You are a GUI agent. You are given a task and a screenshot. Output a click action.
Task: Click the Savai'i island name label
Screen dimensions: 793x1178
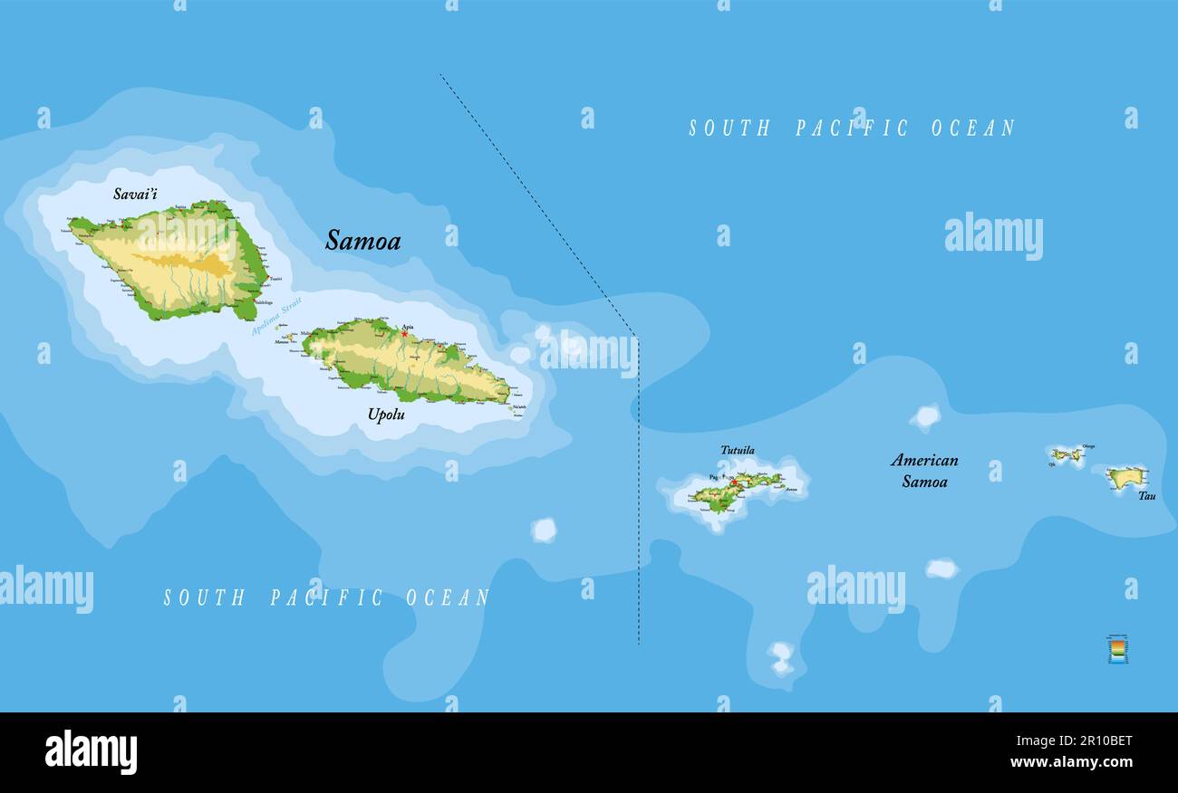pyautogui.click(x=136, y=194)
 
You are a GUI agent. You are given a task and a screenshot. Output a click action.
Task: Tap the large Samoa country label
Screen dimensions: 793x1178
pyautogui.click(x=362, y=241)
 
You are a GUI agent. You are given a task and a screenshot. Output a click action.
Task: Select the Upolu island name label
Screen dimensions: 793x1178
pyautogui.click(x=386, y=416)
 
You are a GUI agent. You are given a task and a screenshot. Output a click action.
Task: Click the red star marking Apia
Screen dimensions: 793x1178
pyautogui.click(x=404, y=334)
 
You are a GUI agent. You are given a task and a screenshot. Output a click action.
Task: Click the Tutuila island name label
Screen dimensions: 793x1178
pyautogui.click(x=738, y=450)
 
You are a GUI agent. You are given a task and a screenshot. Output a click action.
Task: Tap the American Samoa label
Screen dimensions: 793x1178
pyautogui.click(x=924, y=471)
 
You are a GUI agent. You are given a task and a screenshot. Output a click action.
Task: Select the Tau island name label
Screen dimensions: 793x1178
pyautogui.click(x=1147, y=496)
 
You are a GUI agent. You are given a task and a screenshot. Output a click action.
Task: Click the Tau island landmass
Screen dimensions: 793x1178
pyautogui.click(x=1125, y=477)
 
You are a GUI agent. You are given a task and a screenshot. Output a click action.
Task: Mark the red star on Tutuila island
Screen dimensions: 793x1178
pyautogui.click(x=733, y=481)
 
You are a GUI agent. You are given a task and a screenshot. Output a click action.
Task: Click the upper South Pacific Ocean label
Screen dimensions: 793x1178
pyautogui.click(x=852, y=129)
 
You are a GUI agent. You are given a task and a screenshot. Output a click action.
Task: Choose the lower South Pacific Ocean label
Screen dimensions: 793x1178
pyautogui.click(x=326, y=597)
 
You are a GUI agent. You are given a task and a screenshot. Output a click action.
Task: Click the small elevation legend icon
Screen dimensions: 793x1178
pyautogui.click(x=1117, y=649)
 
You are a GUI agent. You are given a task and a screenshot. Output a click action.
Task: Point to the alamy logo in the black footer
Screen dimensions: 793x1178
pyautogui.click(x=91, y=752)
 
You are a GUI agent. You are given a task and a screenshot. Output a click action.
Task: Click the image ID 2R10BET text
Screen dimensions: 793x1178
pyautogui.click(x=1098, y=740)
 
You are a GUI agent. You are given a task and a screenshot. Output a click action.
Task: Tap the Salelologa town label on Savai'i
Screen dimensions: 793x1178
pyautogui.click(x=264, y=302)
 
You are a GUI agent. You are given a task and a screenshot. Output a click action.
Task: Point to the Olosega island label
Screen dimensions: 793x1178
pyautogui.click(x=1088, y=446)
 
